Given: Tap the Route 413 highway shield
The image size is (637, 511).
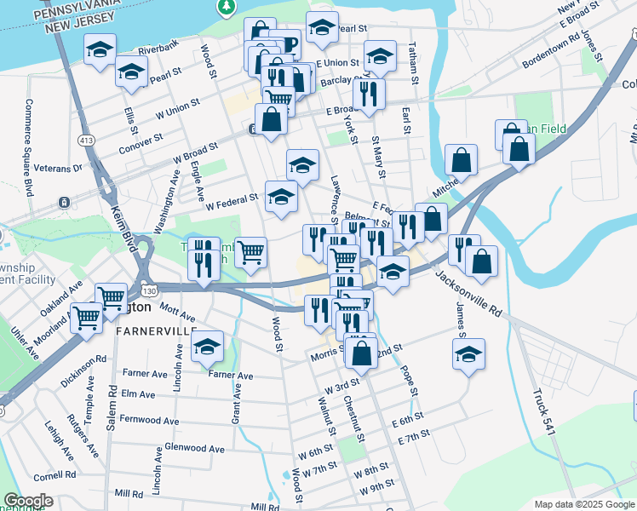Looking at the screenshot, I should tap(86, 139).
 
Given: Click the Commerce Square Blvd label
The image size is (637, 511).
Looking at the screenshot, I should tap(28, 146).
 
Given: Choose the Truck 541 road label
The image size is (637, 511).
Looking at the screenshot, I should tap(544, 413).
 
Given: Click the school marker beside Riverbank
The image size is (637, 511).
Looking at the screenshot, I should tap(100, 50).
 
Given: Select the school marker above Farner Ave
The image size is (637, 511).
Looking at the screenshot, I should tap(207, 347).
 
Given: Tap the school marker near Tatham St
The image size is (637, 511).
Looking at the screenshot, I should tap(380, 56).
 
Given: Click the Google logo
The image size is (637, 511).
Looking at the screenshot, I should tap(27, 501).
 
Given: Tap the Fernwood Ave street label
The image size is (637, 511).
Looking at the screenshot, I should tap(150, 421).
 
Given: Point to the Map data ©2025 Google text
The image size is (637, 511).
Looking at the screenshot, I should tap(583, 504).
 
